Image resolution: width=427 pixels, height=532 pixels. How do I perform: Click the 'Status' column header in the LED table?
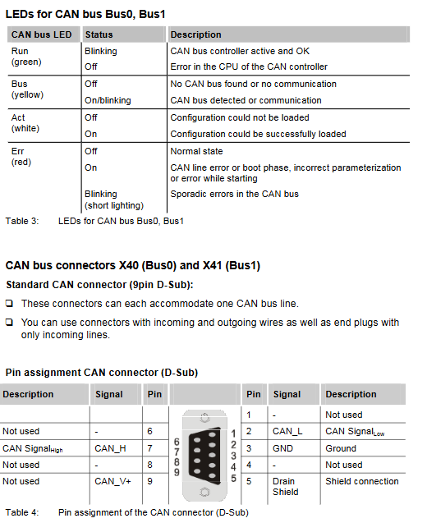click(x=99, y=34)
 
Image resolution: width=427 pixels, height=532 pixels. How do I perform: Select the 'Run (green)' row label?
click(x=26, y=57)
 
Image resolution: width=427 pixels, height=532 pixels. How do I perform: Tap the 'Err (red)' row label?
click(x=21, y=157)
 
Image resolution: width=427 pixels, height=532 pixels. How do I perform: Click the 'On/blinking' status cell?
click(x=108, y=100)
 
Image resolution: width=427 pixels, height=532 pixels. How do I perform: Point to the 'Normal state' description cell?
click(x=196, y=151)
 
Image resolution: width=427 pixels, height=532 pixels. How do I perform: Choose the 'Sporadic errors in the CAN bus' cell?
click(x=235, y=194)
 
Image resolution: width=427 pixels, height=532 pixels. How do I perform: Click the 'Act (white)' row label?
click(x=25, y=123)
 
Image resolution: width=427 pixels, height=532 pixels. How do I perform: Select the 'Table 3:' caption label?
click(x=22, y=221)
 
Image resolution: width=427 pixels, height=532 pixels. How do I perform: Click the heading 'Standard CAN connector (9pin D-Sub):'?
click(x=99, y=284)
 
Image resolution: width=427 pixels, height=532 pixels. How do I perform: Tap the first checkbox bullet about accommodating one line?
click(x=9, y=303)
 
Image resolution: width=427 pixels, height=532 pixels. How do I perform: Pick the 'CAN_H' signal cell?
click(x=110, y=448)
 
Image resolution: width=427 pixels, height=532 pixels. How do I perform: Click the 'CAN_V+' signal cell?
click(x=112, y=481)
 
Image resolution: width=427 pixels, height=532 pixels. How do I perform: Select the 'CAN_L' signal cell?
click(x=287, y=431)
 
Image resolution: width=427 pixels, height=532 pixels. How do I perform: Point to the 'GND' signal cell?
click(x=282, y=448)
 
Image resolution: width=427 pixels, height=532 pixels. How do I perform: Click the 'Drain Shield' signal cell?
click(x=286, y=487)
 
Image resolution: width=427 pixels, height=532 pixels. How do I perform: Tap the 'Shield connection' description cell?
click(x=362, y=481)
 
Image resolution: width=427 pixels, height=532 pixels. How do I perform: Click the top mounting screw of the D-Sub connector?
click(x=204, y=418)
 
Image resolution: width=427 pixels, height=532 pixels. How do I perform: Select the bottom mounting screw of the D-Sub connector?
click(x=204, y=492)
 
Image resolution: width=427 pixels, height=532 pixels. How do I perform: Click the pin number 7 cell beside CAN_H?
click(x=149, y=448)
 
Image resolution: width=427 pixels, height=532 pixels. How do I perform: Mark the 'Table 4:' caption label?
click(x=22, y=512)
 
